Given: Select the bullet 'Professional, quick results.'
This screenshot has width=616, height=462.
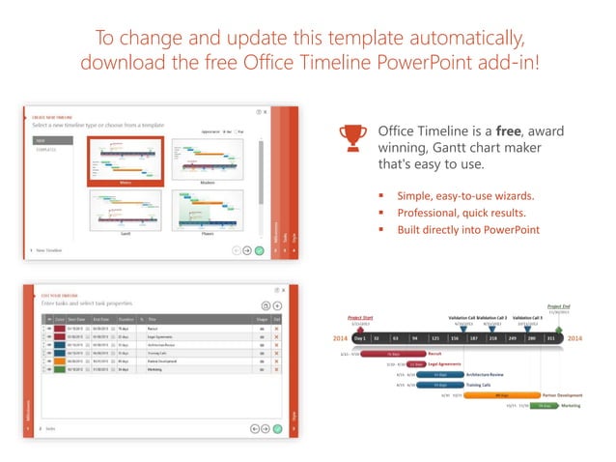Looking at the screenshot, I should (x=457, y=212).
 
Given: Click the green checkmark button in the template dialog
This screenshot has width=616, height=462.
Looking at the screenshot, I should (x=259, y=250).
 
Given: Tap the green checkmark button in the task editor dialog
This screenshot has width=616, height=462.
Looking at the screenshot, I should (x=277, y=427).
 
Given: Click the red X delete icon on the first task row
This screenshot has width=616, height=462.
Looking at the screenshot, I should (x=276, y=330).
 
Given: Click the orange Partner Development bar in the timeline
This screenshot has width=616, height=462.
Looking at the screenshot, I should (x=501, y=394).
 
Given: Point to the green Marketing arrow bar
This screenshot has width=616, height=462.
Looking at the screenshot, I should (x=543, y=406).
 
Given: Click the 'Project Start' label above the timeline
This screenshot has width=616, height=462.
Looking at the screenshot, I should (x=360, y=317).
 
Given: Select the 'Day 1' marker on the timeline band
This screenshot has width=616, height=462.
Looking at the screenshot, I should (x=359, y=338).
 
